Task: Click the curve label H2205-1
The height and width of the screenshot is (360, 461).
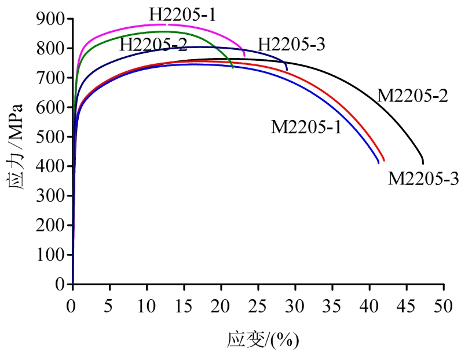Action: (x=182, y=14)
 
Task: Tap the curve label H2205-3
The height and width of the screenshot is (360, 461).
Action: (x=292, y=44)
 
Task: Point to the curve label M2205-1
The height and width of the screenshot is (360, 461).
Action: (x=306, y=126)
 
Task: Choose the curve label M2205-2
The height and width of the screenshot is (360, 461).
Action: (x=412, y=96)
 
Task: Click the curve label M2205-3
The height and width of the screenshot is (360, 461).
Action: (x=423, y=179)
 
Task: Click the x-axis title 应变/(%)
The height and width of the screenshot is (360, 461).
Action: (x=262, y=339)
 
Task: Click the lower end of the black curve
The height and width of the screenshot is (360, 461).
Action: (x=423, y=163)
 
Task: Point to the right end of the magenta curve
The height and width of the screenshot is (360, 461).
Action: (x=244, y=56)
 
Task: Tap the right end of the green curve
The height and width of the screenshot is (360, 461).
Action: (x=233, y=67)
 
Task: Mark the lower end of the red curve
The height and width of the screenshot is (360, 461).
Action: (x=384, y=161)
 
